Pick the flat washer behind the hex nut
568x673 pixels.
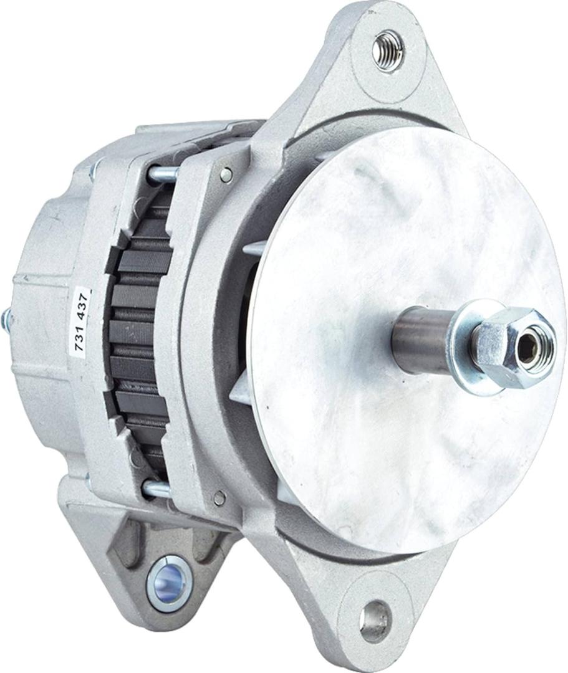[471, 343]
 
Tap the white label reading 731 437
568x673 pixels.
[82, 320]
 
